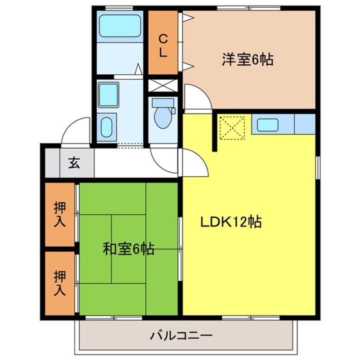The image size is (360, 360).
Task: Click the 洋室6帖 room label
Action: (x=247, y=60)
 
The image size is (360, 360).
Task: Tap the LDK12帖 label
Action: (x=231, y=222)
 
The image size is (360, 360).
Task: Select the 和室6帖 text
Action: (x=128, y=248)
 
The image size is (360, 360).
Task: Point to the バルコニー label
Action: (x=182, y=335)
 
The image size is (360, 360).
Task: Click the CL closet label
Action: (x=163, y=45)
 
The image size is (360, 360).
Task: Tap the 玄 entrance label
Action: (x=73, y=162)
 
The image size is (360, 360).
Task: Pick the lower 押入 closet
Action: (x=60, y=283)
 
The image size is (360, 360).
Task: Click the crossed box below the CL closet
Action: (x=163, y=84)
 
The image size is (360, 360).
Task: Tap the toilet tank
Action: (x=163, y=103)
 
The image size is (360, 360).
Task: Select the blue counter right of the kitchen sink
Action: (x=305, y=124)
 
